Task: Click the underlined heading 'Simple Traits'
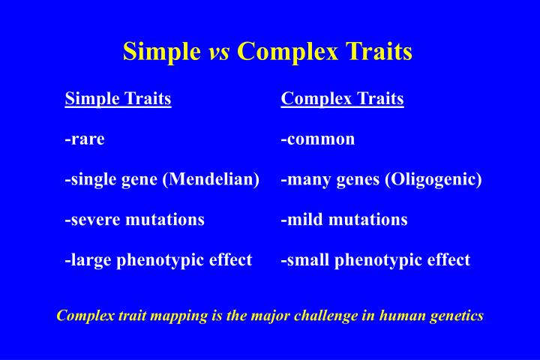click(118, 99)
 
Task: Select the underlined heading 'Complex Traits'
click(342, 99)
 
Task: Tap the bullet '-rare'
click(85, 139)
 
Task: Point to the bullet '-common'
click(318, 139)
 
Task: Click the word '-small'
click(305, 260)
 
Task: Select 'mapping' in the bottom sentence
click(178, 316)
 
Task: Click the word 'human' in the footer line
click(401, 316)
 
